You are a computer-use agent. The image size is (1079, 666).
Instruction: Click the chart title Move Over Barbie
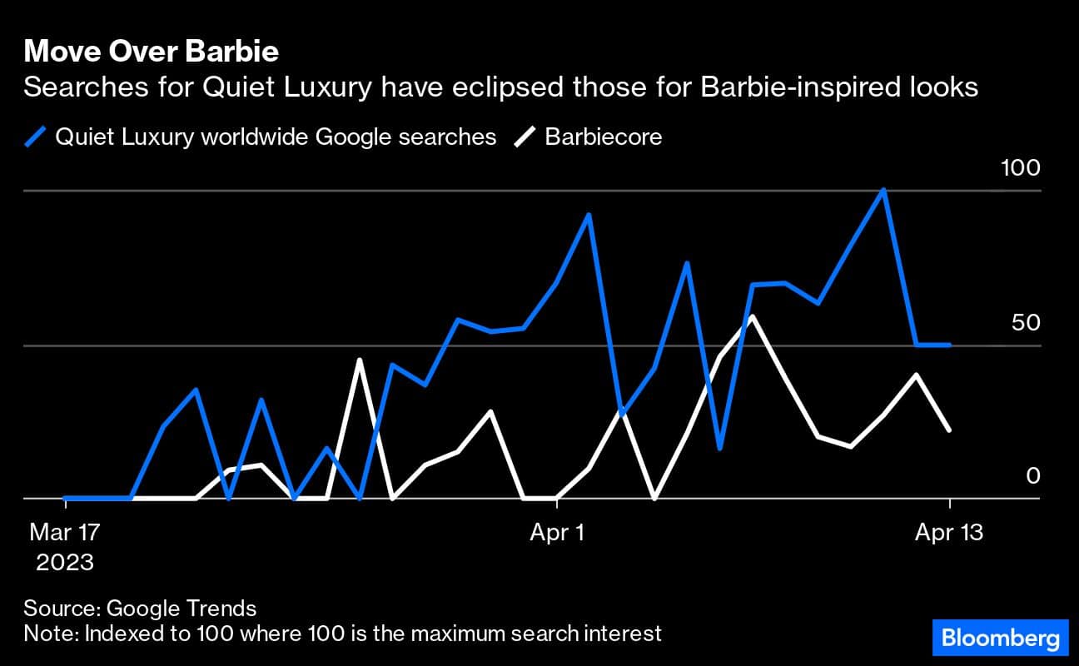pyautogui.click(x=151, y=52)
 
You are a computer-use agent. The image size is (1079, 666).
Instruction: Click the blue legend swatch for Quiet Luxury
pyautogui.click(x=37, y=137)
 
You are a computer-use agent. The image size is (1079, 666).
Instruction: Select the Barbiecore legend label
pyautogui.click(x=604, y=137)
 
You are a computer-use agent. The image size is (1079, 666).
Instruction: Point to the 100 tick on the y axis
pyautogui.click(x=1020, y=168)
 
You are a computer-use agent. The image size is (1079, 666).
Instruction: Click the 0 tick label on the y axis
pyautogui.click(x=1032, y=475)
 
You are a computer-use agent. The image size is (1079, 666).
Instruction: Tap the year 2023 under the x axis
pyautogui.click(x=64, y=562)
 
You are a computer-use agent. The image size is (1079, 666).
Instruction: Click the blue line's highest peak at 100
pyautogui.click(x=883, y=190)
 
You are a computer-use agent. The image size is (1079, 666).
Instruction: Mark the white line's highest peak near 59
pyautogui.click(x=753, y=316)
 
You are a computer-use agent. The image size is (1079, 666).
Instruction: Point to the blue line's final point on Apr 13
pyautogui.click(x=949, y=345)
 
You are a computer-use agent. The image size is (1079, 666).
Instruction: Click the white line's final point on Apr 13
pyautogui.click(x=949, y=430)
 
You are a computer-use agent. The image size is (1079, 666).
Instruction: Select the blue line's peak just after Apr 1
pyautogui.click(x=589, y=215)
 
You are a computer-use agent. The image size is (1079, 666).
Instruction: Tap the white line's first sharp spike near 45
pyautogui.click(x=360, y=360)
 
